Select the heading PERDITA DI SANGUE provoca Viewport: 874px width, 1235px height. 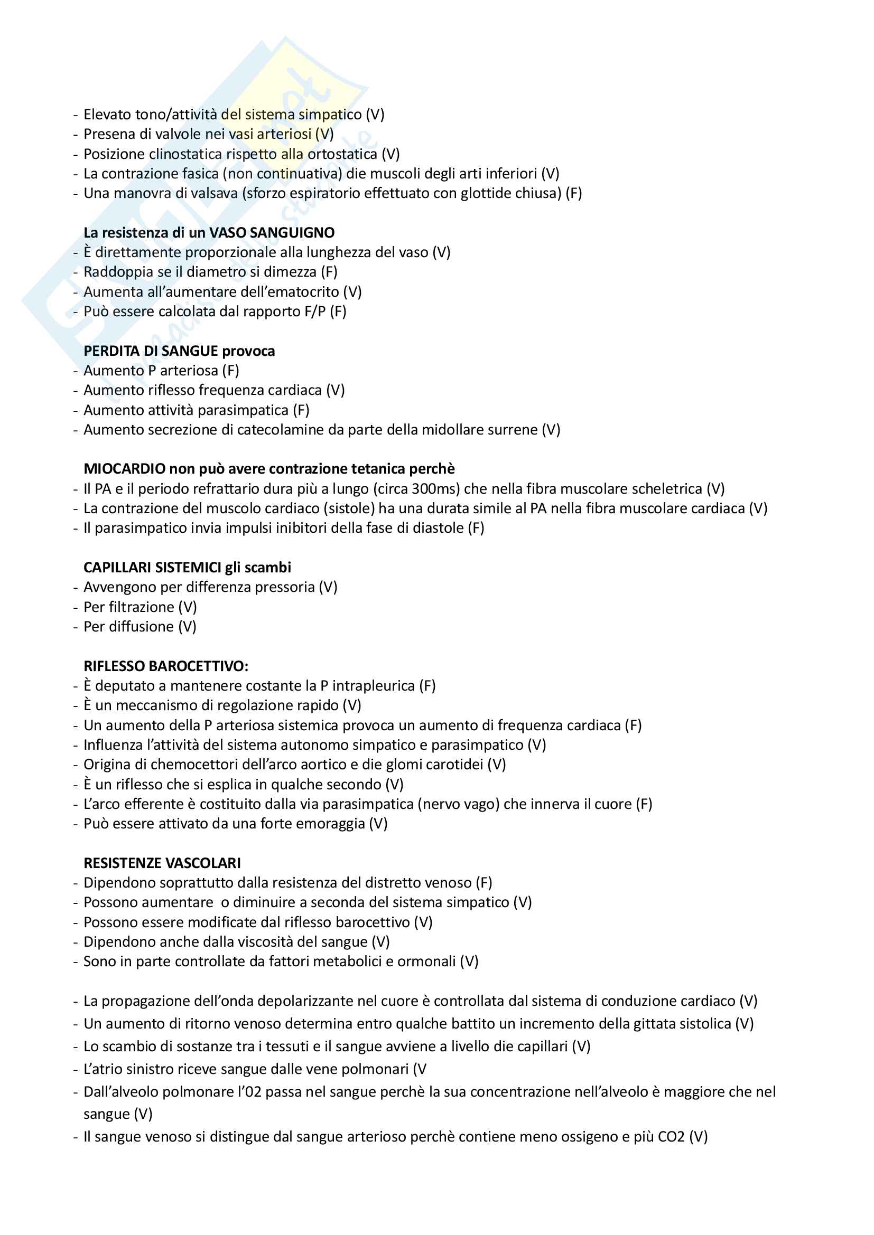179,351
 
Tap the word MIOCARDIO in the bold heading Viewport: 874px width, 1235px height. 124,469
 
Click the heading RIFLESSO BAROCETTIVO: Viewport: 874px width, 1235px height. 166,666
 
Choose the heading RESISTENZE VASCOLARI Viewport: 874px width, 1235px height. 162,863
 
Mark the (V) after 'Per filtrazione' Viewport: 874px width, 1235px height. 188,607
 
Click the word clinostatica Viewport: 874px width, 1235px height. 185,154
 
